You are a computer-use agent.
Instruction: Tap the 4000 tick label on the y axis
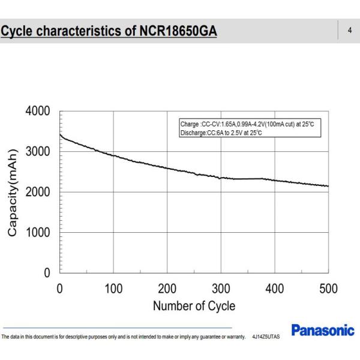click(x=38, y=112)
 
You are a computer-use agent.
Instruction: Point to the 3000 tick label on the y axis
click(x=38, y=152)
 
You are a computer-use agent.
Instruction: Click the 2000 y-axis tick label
click(x=38, y=192)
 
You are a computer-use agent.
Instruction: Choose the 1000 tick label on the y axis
click(x=38, y=232)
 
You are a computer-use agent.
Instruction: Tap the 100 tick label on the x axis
click(x=113, y=289)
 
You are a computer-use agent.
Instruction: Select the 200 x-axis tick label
click(x=167, y=289)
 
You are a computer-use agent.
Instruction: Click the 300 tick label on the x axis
click(x=221, y=289)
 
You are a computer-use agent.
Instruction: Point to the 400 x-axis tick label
click(x=275, y=289)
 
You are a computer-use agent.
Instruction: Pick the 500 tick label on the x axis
click(x=328, y=289)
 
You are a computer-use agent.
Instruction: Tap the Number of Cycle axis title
click(x=194, y=306)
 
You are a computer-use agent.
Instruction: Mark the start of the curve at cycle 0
click(x=60, y=134)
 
